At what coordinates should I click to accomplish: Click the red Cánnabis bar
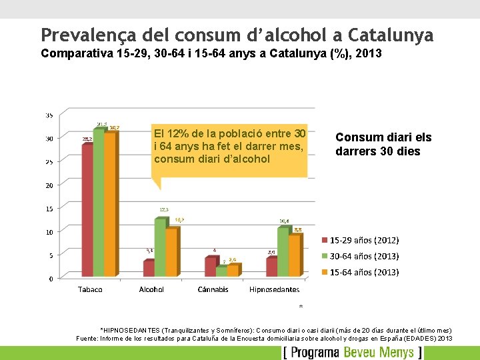pyautogui.click(x=210, y=267)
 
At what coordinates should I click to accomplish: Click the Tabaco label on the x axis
pyautogui.click(x=90, y=289)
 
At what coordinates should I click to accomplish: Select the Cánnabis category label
pyautogui.click(x=213, y=289)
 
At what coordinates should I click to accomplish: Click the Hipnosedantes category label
pyautogui.click(x=274, y=289)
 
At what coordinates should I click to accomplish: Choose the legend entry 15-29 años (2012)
pyautogui.click(x=364, y=240)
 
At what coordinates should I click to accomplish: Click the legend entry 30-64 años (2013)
pyautogui.click(x=364, y=256)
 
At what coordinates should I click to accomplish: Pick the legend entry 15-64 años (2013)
pyautogui.click(x=364, y=272)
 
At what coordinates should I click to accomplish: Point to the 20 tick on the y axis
pyautogui.click(x=49, y=185)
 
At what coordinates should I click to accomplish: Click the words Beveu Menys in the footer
pyautogui.click(x=380, y=352)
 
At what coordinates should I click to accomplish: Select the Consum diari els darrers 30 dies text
pyautogui.click(x=383, y=144)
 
